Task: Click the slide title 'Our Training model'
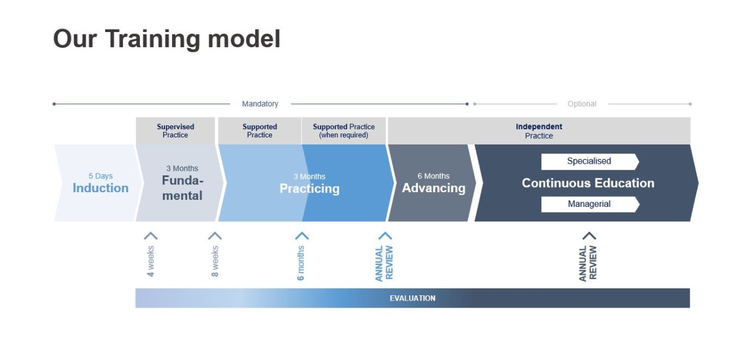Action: coord(167,39)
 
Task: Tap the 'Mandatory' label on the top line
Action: coord(260,104)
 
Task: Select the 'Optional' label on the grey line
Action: coord(582,104)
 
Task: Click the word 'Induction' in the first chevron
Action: coord(100,188)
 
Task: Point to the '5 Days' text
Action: coord(100,176)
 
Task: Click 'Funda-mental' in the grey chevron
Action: coord(182,188)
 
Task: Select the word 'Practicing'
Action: coord(309,189)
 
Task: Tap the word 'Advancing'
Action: coord(434,188)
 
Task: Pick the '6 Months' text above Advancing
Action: coord(434,176)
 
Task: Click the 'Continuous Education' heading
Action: coord(587,183)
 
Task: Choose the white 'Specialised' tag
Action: coord(589,161)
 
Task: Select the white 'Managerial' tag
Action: coord(589,204)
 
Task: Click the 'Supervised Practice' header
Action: coord(175,130)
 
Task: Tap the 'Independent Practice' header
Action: coord(539,130)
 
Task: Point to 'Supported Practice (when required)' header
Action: coord(344,130)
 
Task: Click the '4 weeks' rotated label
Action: coord(150,261)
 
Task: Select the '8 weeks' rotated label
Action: coord(214,261)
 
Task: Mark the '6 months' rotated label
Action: coord(301,263)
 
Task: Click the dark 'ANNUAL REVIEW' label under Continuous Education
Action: coord(587,263)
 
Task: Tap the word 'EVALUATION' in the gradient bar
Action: coord(412,298)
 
